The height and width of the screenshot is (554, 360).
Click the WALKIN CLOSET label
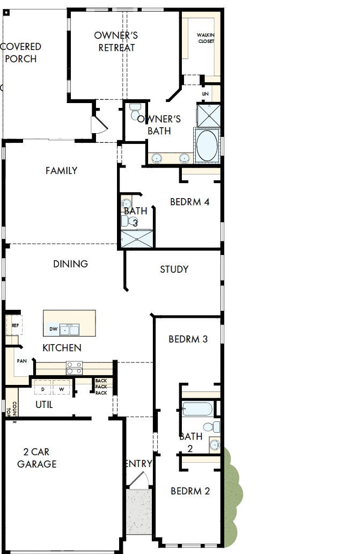206,38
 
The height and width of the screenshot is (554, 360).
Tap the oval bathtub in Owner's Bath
207,145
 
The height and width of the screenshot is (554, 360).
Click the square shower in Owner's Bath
206,114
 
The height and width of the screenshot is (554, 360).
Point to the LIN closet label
205,93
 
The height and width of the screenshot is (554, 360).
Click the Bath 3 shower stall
136,238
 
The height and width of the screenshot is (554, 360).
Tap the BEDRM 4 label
189,202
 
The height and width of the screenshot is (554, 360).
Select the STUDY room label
174,269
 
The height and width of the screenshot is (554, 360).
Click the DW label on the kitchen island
53,329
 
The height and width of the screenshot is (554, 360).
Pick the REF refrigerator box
14,326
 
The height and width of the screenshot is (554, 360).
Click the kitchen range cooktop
74,368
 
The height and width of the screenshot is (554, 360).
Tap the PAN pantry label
21,361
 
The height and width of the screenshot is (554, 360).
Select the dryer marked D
42,389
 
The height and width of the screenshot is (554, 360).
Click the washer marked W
61,389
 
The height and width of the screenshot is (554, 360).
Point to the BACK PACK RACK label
101,387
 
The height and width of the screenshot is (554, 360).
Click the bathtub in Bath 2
197,409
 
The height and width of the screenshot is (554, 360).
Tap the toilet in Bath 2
215,427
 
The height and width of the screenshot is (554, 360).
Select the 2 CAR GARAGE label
36,458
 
